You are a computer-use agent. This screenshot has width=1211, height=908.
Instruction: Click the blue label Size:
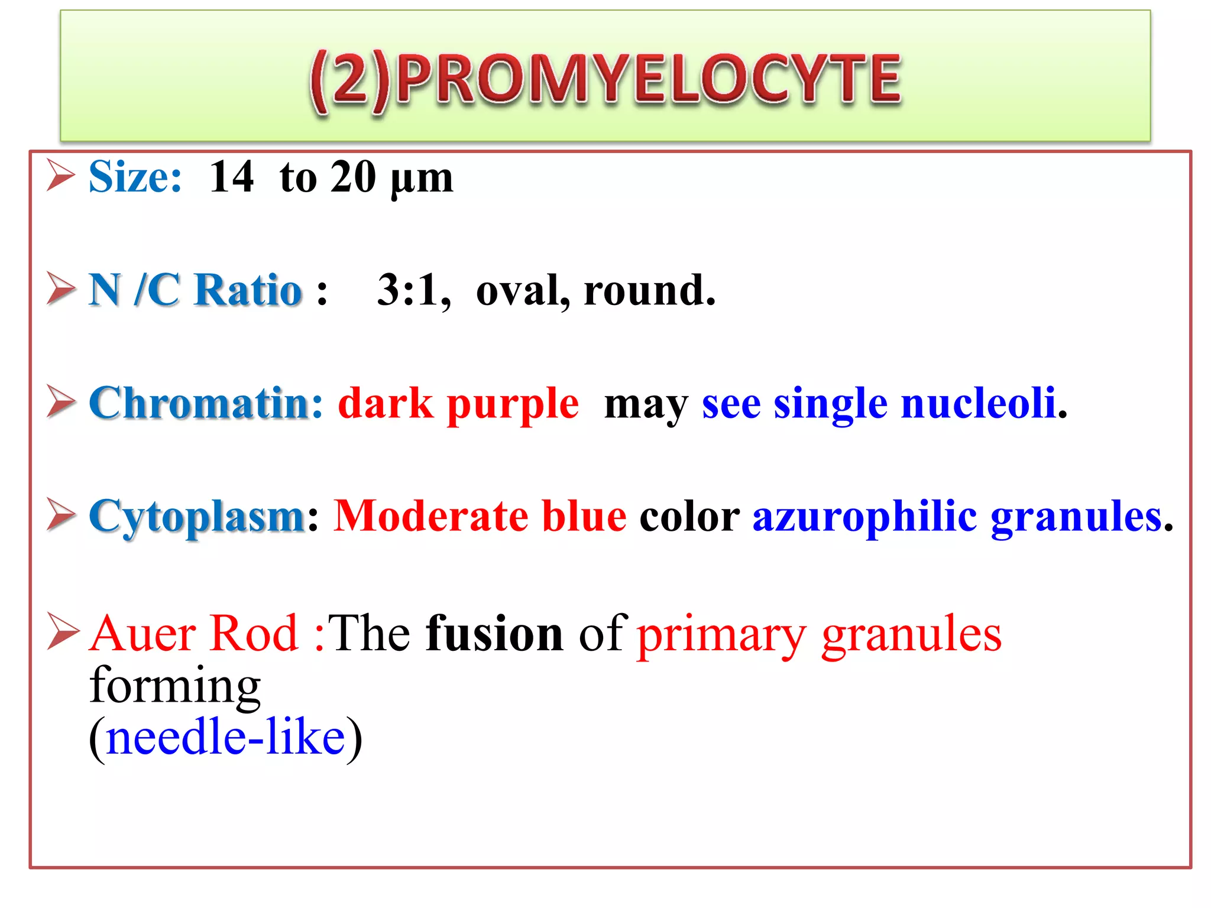click(x=135, y=177)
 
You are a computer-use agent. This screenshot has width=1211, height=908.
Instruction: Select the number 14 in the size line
click(x=231, y=177)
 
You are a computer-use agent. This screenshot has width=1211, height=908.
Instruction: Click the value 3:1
click(x=413, y=290)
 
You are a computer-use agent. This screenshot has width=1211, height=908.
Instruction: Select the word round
click(x=649, y=290)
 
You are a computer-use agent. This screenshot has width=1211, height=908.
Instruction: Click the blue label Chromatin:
click(x=206, y=403)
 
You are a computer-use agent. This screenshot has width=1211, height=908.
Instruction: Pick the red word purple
click(x=513, y=406)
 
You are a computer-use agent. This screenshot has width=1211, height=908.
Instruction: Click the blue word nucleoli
click(x=979, y=403)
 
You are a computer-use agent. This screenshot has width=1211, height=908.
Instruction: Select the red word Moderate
click(x=430, y=516)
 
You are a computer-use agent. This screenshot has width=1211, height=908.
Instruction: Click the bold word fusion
click(x=494, y=634)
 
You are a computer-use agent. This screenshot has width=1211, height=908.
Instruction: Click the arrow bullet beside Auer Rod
click(x=62, y=632)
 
